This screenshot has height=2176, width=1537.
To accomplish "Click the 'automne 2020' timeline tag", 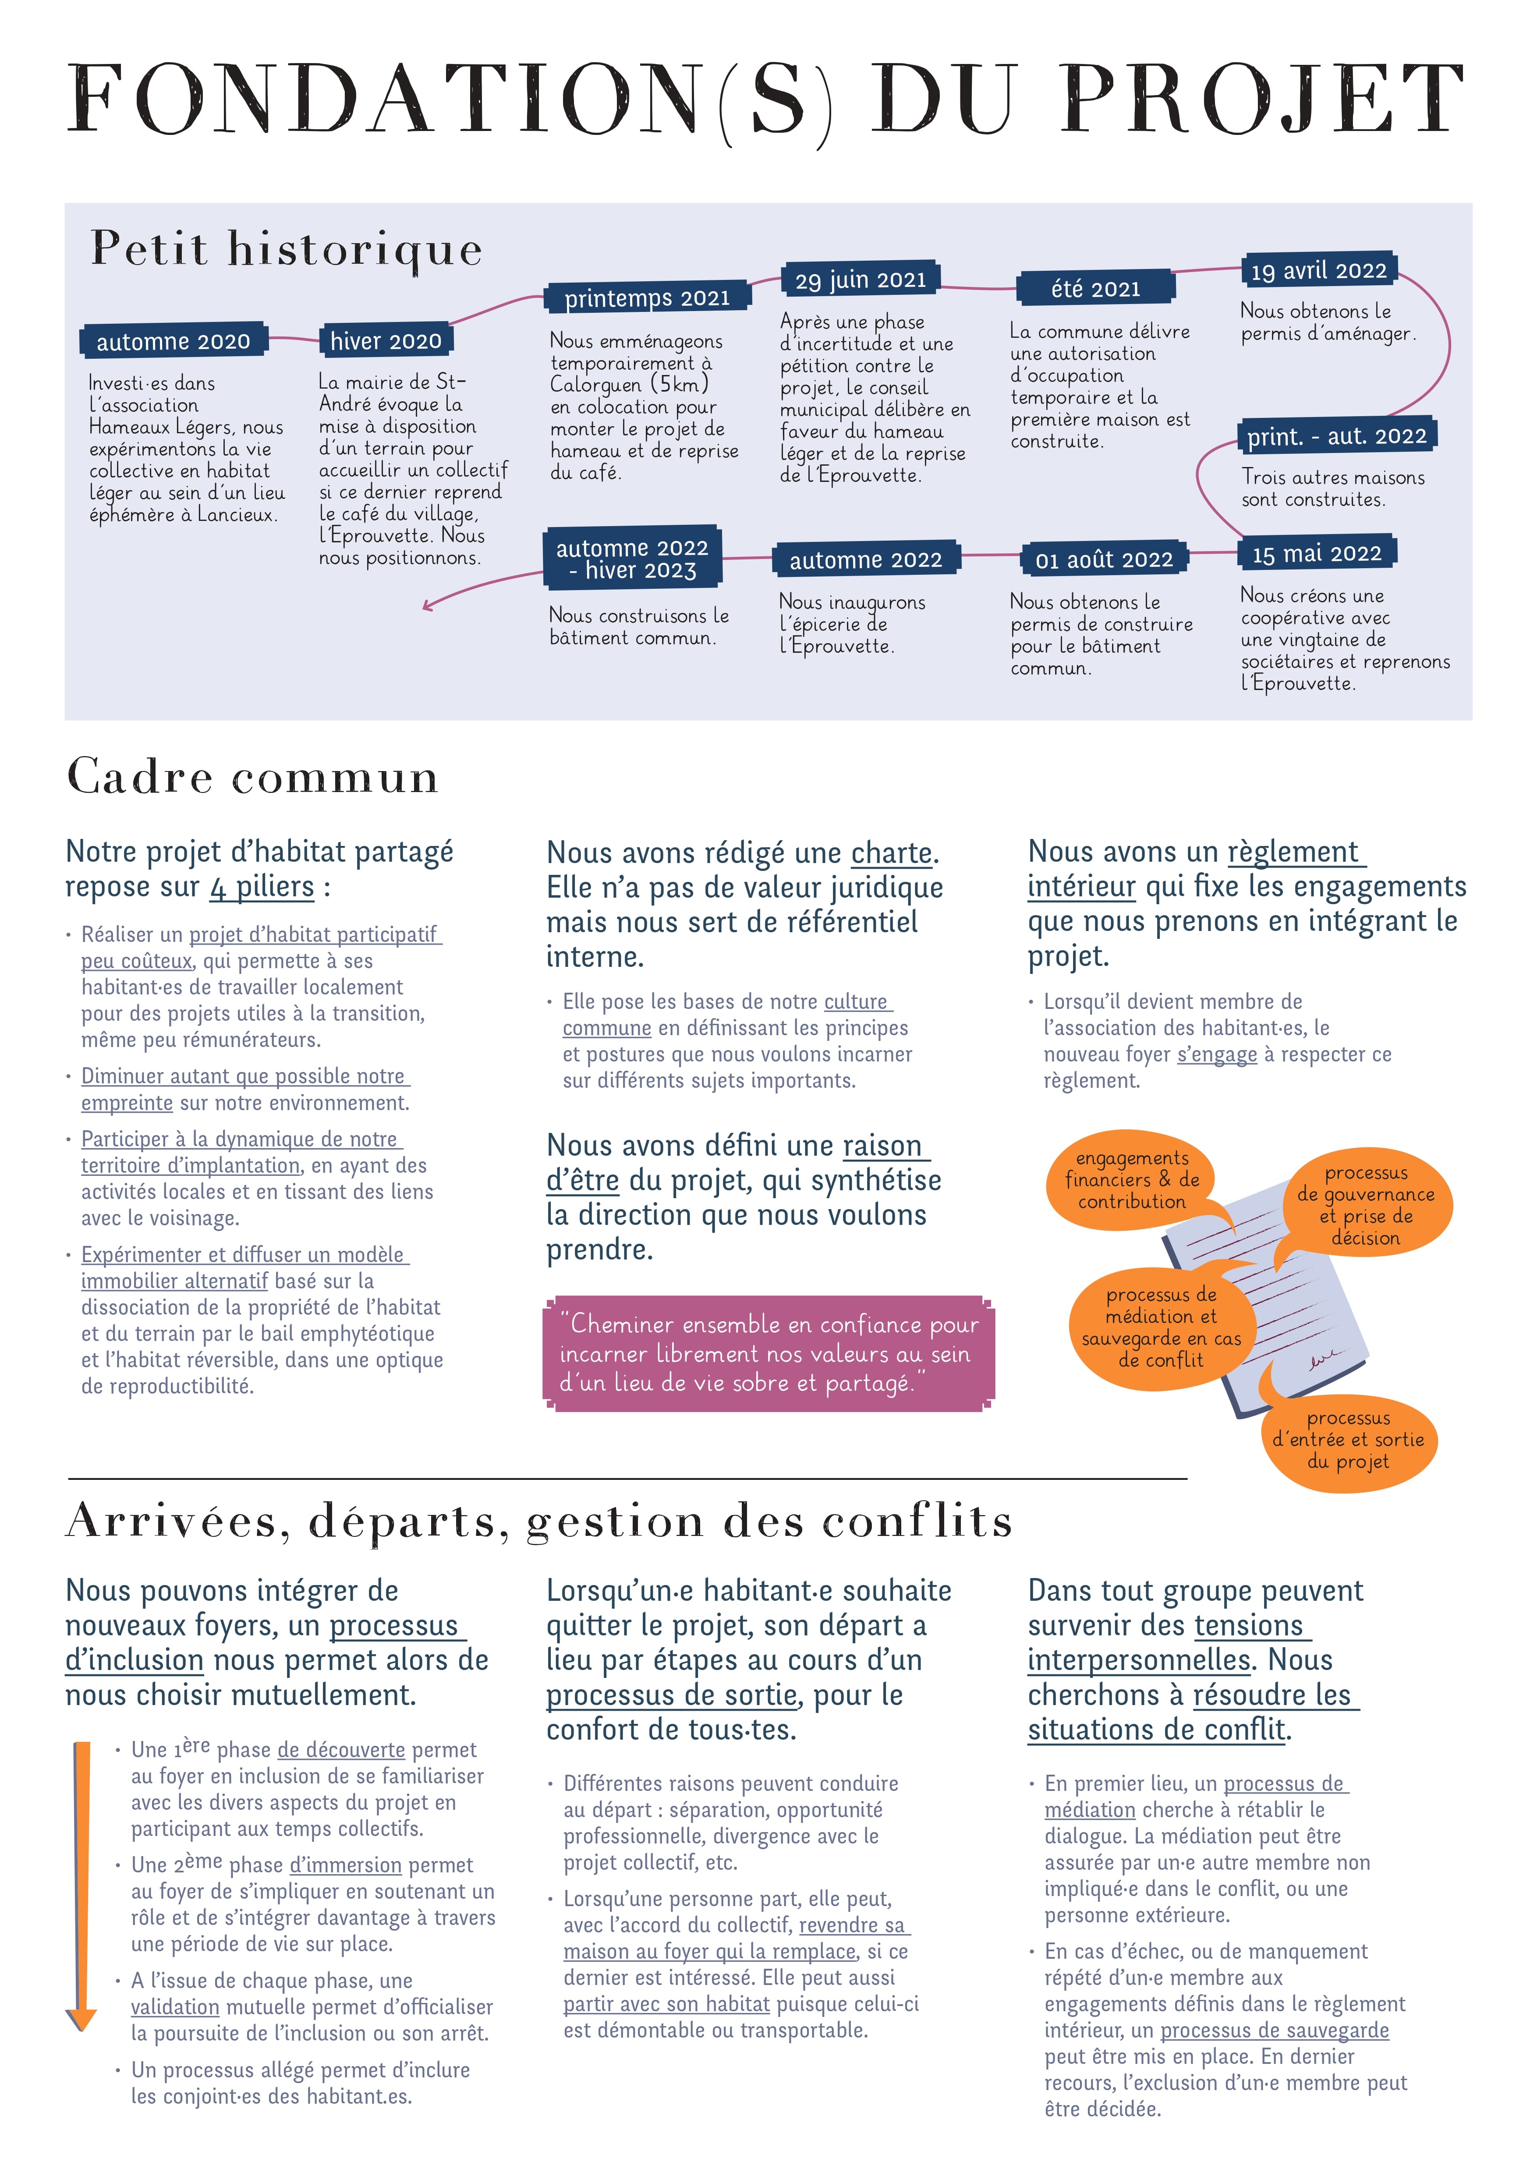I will point(174,341).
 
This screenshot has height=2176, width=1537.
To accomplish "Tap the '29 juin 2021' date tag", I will point(861,280).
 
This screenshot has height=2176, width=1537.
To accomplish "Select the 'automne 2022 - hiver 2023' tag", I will point(632,558).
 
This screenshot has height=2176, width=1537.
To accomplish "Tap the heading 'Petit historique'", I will point(286,249).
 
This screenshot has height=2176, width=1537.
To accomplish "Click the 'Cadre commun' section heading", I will point(253,777).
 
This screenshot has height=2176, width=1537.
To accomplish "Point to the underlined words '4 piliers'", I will point(262,887).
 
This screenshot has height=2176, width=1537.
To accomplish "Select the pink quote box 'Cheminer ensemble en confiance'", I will point(768,1353).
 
